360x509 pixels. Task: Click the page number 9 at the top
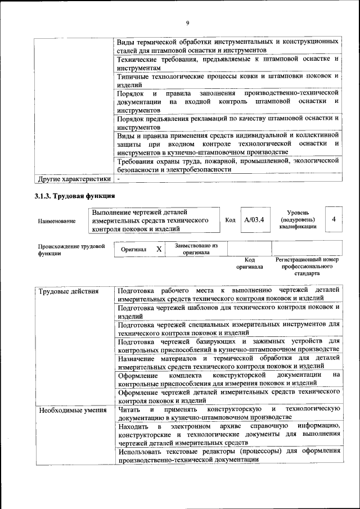pyautogui.click(x=187, y=22)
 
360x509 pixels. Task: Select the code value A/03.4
pyautogui.click(x=254, y=220)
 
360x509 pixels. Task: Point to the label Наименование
pyautogui.click(x=57, y=221)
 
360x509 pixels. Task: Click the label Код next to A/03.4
pyautogui.click(x=230, y=220)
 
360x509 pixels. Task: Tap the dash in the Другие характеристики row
pyautogui.click(x=119, y=179)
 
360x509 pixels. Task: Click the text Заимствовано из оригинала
pyautogui.click(x=196, y=249)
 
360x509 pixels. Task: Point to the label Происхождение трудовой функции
pyautogui.click(x=71, y=250)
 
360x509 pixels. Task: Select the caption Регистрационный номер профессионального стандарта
pyautogui.click(x=307, y=267)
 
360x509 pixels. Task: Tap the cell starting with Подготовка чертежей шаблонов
pyautogui.click(x=228, y=312)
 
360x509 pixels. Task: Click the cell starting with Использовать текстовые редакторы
pyautogui.click(x=228, y=455)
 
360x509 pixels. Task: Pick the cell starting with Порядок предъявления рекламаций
pyautogui.click(x=228, y=123)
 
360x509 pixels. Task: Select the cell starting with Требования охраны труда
pyautogui.click(x=228, y=164)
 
